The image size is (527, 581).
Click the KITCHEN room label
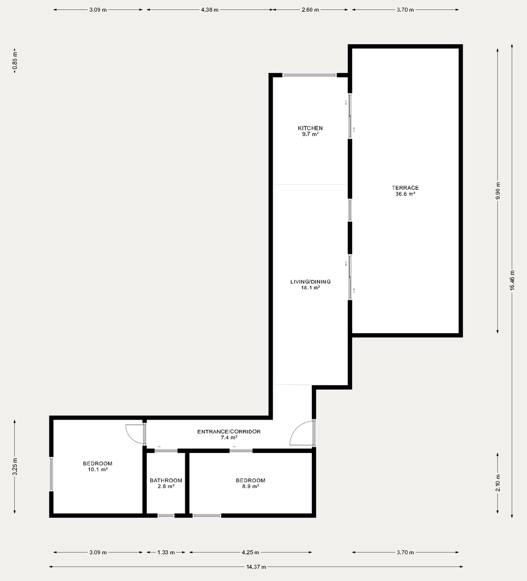(310, 128)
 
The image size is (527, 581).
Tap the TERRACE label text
(405, 188)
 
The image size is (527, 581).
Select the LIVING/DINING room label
(310, 282)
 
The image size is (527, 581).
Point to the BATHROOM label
(166, 481)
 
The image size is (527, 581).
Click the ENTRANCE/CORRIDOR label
(229, 432)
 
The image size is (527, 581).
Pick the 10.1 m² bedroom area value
(98, 469)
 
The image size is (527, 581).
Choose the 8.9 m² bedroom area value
(250, 486)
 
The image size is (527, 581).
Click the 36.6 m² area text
(405, 194)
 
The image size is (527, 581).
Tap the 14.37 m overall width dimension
(256, 567)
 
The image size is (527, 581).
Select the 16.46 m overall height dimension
(512, 281)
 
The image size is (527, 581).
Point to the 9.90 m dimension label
(498, 191)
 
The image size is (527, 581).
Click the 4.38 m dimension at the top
(209, 10)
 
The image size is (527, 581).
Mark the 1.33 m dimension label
(166, 553)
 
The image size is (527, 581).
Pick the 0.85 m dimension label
(15, 60)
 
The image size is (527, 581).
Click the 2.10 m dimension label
(498, 483)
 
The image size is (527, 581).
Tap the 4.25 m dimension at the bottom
(250, 553)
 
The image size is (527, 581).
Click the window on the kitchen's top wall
(309, 75)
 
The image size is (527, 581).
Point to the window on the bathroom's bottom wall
(166, 515)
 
